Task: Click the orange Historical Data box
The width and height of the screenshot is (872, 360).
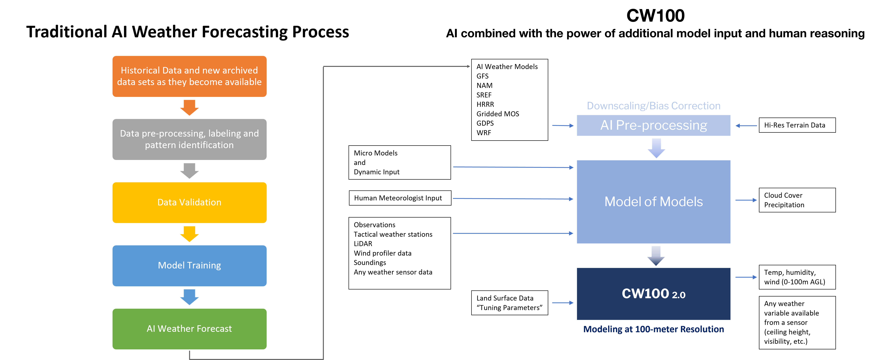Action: (189, 76)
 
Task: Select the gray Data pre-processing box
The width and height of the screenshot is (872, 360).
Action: (189, 139)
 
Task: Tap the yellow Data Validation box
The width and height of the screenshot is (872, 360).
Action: (189, 203)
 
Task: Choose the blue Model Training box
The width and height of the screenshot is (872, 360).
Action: (189, 266)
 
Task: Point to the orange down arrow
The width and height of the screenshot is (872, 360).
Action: (189, 107)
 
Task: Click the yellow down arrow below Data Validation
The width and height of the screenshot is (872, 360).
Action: (189, 234)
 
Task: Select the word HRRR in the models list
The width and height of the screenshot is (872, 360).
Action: (485, 104)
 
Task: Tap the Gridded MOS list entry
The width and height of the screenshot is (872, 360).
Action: (498, 114)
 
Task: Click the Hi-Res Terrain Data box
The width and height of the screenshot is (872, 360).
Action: (797, 125)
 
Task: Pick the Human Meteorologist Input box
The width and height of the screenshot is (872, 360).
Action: (400, 198)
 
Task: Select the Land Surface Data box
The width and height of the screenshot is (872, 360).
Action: (509, 303)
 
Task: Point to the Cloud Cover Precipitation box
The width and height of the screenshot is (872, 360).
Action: (797, 200)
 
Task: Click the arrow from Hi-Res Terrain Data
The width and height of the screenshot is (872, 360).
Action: (746, 126)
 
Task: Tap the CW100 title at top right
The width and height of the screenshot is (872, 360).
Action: (655, 16)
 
